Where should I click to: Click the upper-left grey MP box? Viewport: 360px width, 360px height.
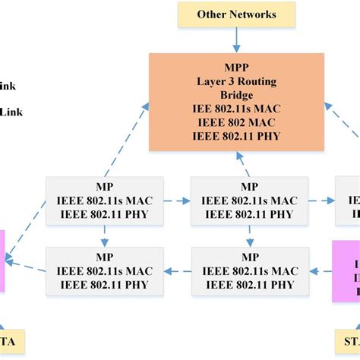pyautogui.click(x=104, y=201)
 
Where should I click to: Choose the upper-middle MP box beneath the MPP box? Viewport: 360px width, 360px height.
pyautogui.click(x=249, y=201)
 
